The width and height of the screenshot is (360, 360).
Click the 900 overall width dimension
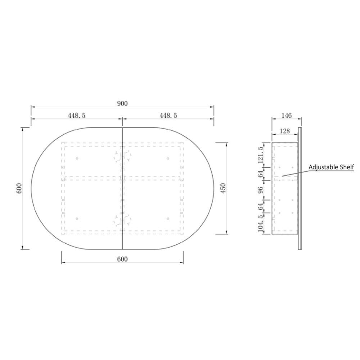[122, 104]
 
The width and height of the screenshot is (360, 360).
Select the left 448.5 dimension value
[77, 116]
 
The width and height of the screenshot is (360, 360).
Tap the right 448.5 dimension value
[168, 116]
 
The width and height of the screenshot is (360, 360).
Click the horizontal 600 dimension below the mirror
[122, 259]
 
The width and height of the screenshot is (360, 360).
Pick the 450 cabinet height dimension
[223, 188]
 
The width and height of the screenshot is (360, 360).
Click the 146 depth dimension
[287, 116]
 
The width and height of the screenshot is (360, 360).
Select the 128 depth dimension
[285, 131]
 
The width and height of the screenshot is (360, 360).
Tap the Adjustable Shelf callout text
[331, 167]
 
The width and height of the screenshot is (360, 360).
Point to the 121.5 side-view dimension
[261, 155]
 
